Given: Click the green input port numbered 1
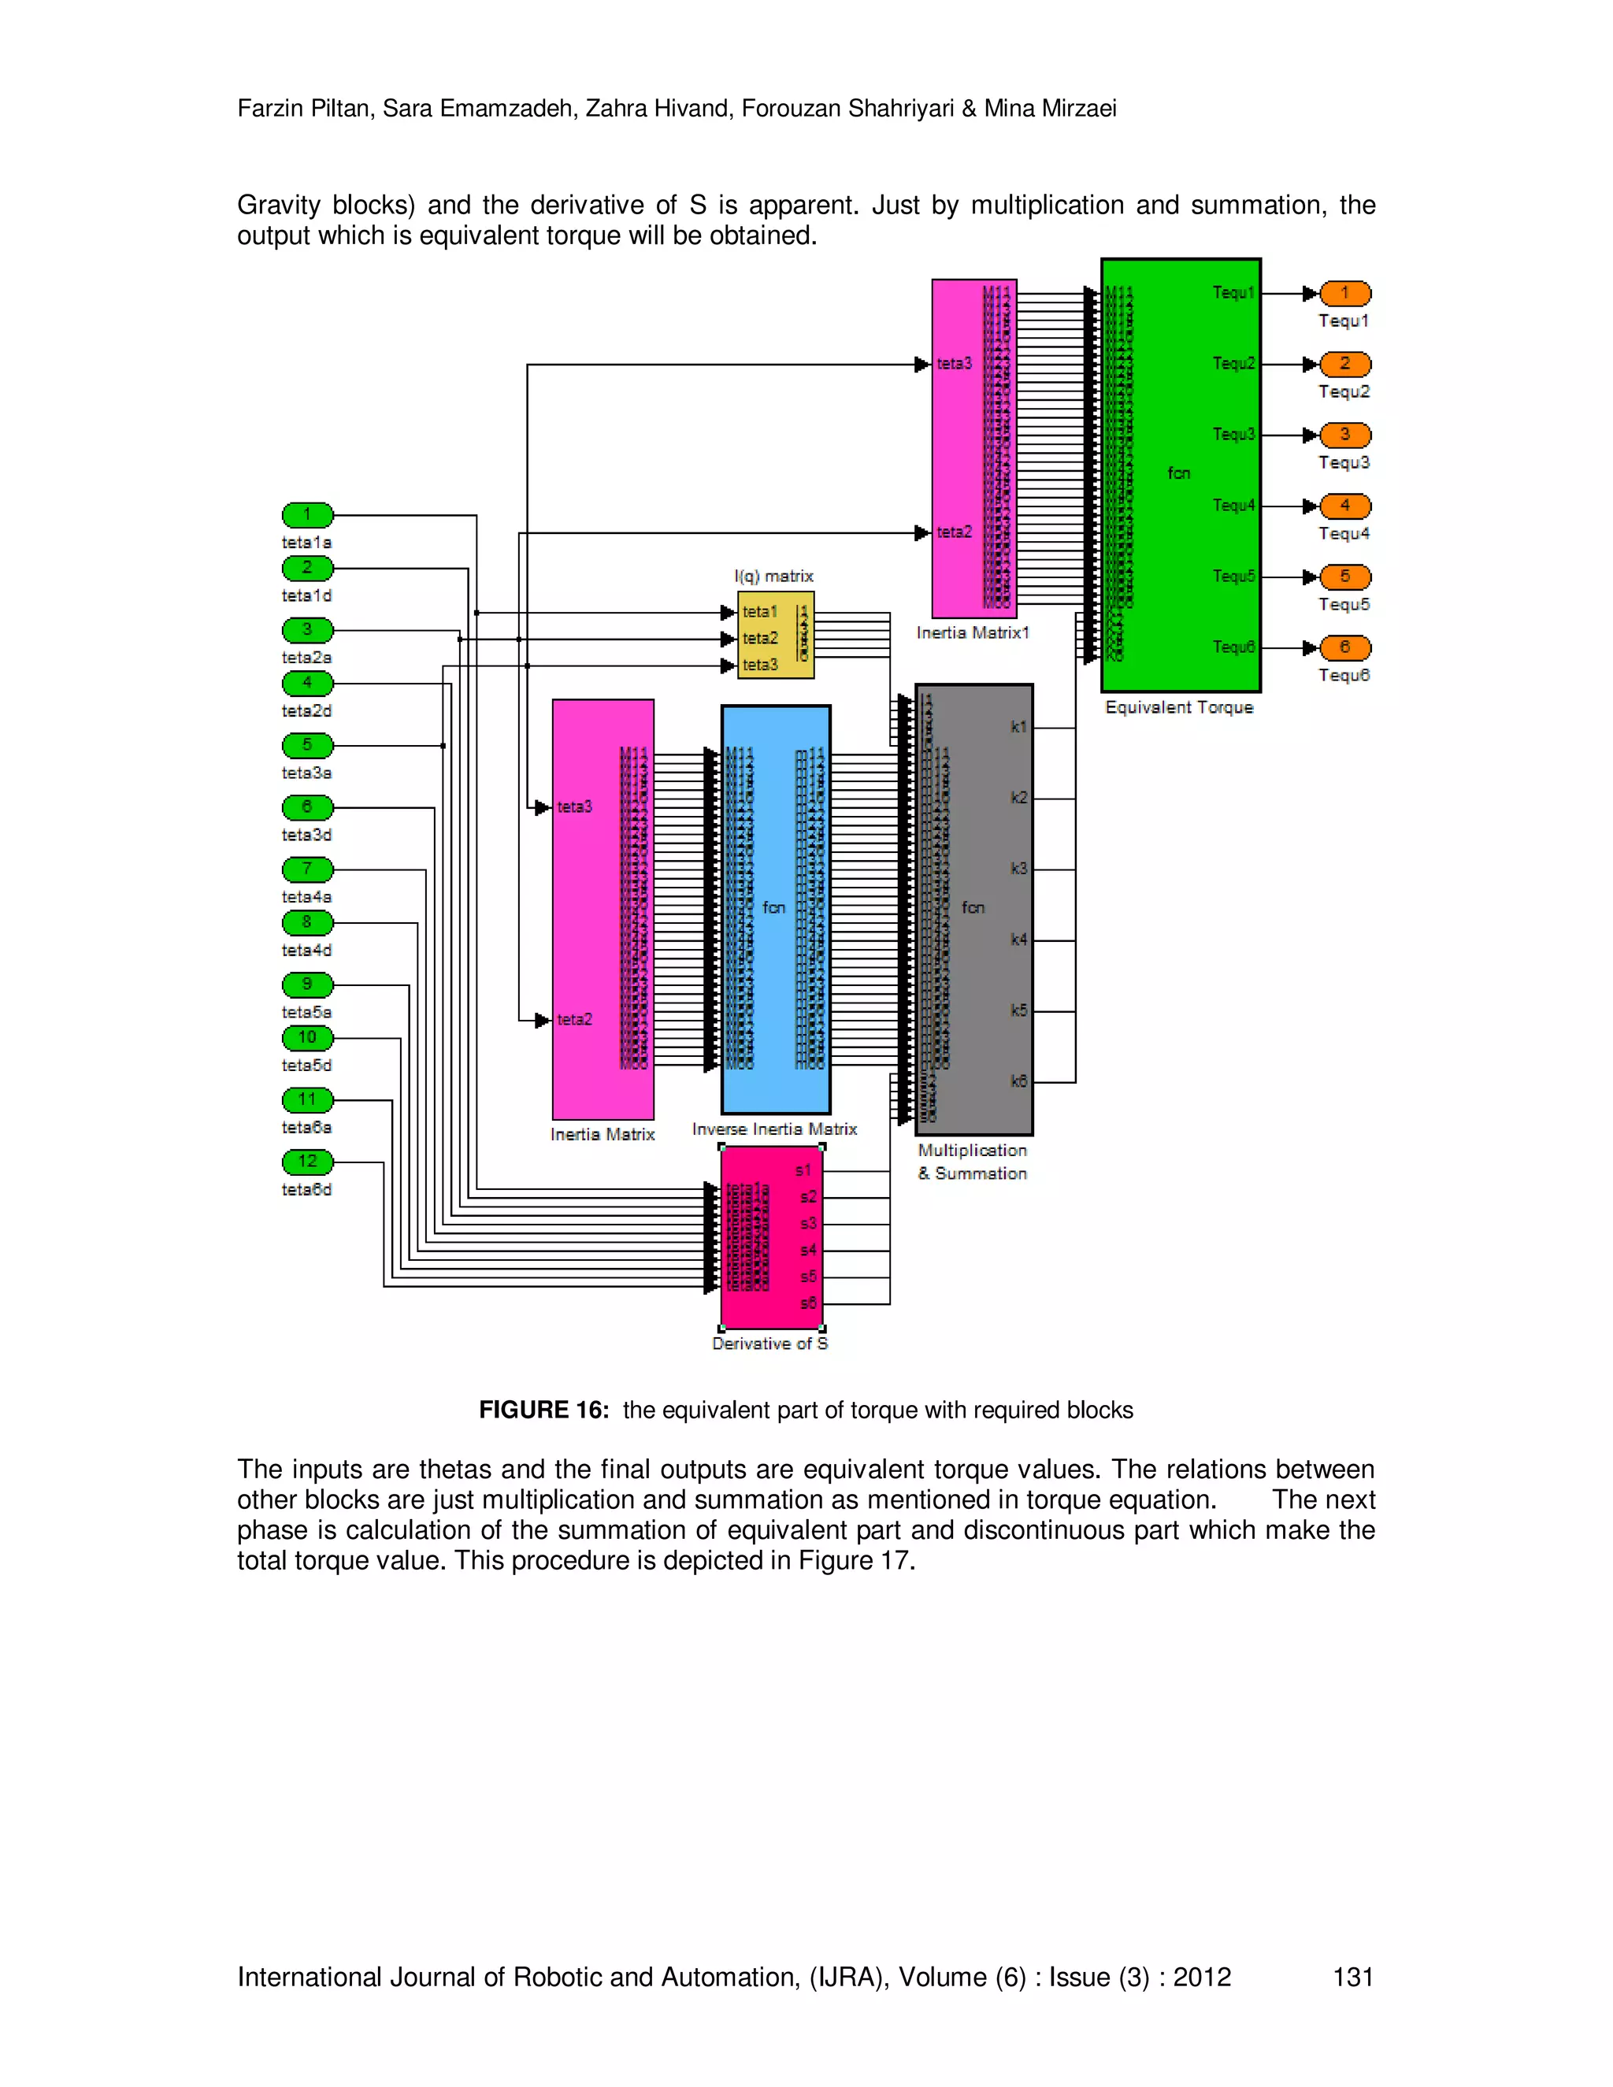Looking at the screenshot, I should pos(306,515).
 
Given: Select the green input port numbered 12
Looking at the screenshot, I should pos(306,1161).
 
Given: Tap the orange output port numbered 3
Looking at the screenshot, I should pos(1344,435).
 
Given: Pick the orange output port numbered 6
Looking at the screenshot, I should pos(1344,648).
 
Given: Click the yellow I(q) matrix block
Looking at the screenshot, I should pos(775,636).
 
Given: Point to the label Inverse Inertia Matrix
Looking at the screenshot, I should pos(774,1129).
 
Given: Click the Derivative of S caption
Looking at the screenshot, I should pos(770,1344).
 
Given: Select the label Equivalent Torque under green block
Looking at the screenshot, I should pos(1179,707).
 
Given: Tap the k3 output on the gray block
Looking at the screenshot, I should pos(1018,869).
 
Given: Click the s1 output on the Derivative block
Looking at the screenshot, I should pos(803,1170).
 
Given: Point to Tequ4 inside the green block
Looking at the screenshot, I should pos(1233,506).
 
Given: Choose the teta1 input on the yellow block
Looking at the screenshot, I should pos(760,612).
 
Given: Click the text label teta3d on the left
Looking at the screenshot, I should pos(306,835).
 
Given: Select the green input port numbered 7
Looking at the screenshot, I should pos(306,869).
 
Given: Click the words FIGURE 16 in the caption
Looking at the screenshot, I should pos(543,1410).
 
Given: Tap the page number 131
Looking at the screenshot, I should pos(1353,1977).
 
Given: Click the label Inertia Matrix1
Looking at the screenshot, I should pos(973,632).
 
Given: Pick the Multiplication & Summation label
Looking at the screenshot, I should pos(973,1162).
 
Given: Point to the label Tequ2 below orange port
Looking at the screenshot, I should pos(1344,391).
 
